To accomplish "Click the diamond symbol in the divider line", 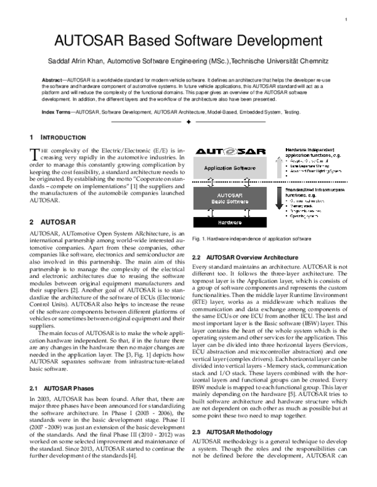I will (x=188, y=123).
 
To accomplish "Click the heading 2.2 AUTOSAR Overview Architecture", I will (x=244, y=258).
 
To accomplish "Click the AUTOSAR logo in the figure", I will (x=229, y=153).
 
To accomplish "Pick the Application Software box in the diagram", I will (x=231, y=169).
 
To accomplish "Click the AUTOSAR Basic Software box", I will (x=231, y=200).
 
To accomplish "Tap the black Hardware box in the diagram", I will (x=231, y=222).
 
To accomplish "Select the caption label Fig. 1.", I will (x=199, y=239).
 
